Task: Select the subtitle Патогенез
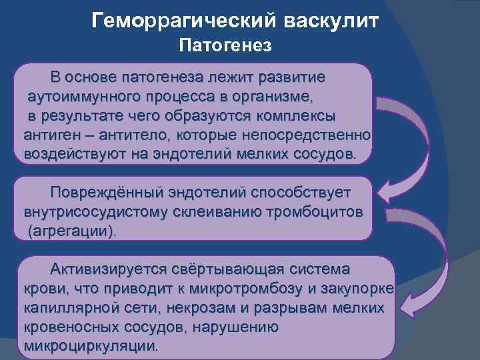click(x=226, y=46)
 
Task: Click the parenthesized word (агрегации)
click(x=71, y=231)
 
